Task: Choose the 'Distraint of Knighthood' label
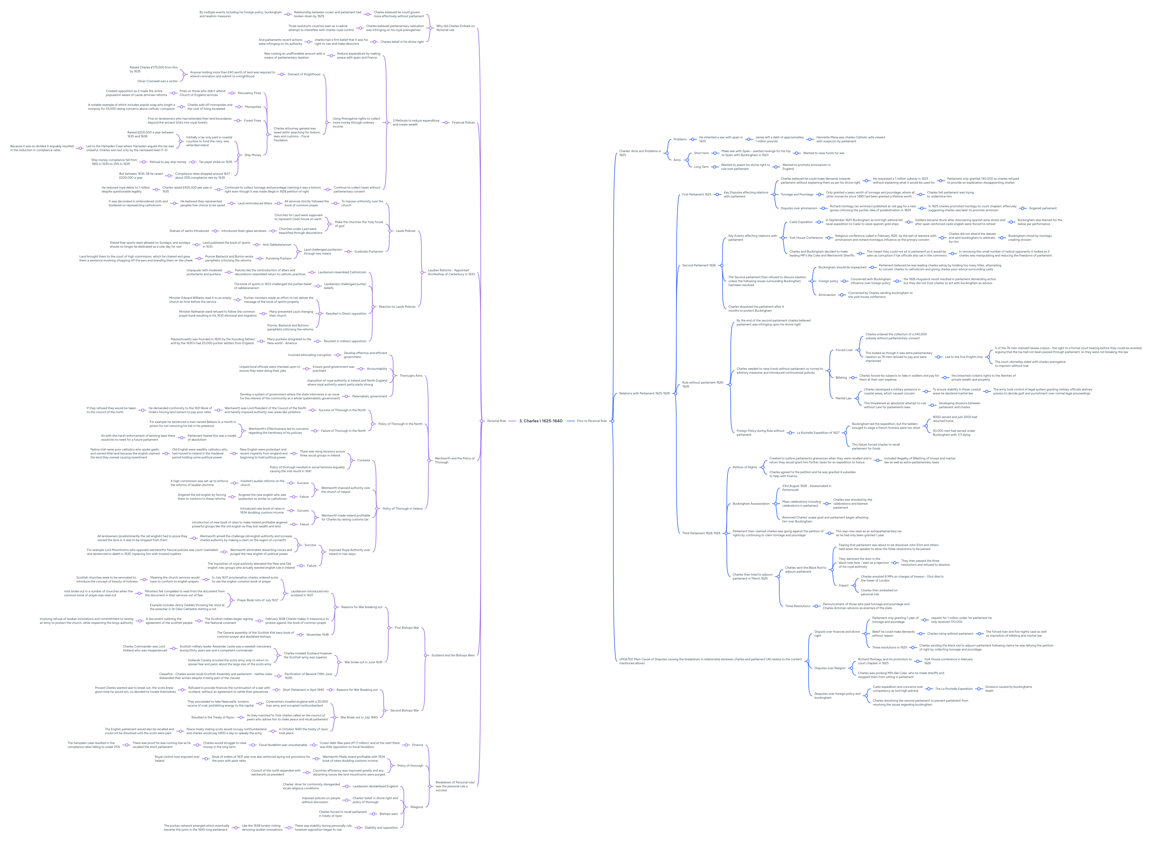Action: [x=304, y=74]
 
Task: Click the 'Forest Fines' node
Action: [x=252, y=121]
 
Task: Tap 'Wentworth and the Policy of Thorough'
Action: [x=454, y=460]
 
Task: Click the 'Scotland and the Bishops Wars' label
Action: [x=453, y=655]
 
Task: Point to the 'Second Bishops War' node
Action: [x=404, y=711]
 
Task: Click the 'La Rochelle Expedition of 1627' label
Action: [x=818, y=433]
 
